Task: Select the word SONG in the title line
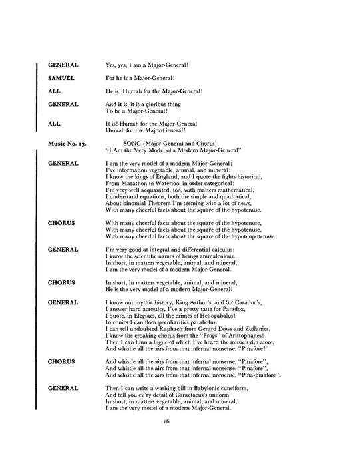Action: [x=135, y=143]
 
